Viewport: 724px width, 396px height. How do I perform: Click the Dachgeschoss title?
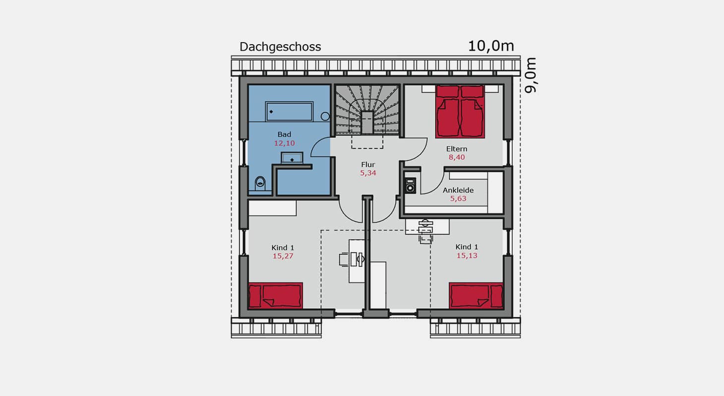click(x=280, y=47)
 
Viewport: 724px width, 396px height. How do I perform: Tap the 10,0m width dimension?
click(x=491, y=46)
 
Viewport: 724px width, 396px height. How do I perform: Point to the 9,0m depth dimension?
click(x=531, y=75)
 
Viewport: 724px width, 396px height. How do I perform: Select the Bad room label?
click(x=284, y=134)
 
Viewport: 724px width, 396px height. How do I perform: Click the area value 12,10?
click(x=285, y=143)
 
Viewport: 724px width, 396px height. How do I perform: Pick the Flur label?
click(x=368, y=165)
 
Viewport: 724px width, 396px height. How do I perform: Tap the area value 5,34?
click(x=368, y=173)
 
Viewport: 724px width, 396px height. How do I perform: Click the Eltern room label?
click(x=457, y=149)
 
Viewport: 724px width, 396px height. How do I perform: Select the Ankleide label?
click(x=458, y=190)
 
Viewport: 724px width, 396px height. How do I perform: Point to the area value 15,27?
click(x=283, y=256)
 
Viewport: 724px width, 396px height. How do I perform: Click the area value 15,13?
click(x=467, y=256)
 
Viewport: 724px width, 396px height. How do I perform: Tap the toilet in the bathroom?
click(x=260, y=183)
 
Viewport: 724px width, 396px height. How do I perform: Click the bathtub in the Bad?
click(x=289, y=112)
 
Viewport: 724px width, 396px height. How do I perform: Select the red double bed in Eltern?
click(x=460, y=112)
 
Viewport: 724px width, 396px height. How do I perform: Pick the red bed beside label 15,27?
click(x=275, y=296)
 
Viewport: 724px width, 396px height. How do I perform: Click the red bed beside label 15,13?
click(x=476, y=296)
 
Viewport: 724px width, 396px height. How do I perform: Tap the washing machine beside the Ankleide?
click(x=410, y=186)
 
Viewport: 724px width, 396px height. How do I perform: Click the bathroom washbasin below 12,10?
click(x=292, y=158)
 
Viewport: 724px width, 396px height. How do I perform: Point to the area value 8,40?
click(x=457, y=158)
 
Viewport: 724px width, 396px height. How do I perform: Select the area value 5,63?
click(x=458, y=198)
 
